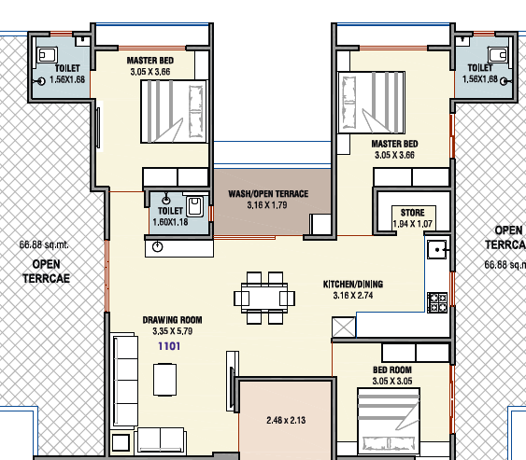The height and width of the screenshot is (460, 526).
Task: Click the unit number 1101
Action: tap(169, 346)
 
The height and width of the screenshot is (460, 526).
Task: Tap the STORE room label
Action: tap(413, 213)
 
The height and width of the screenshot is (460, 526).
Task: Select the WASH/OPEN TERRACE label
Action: tap(268, 194)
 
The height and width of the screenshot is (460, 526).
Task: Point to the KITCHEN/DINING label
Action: tap(353, 285)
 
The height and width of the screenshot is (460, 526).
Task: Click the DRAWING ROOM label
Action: tap(173, 320)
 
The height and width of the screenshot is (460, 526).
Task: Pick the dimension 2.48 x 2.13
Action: tap(286, 420)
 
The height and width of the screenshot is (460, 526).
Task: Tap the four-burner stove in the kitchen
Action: tap(437, 302)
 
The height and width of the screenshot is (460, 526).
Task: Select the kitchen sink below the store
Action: tap(437, 250)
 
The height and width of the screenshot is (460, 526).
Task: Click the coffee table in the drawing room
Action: tap(165, 380)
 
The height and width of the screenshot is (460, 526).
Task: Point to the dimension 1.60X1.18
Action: tap(170, 222)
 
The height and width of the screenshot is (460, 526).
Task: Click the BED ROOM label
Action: tap(392, 369)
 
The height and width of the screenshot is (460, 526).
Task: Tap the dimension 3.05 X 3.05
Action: tap(392, 382)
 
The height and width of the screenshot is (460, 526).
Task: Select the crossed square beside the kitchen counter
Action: tap(344, 327)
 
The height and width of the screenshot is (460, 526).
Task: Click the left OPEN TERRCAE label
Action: tap(47, 272)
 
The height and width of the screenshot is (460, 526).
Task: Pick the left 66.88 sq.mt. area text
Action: tap(44, 244)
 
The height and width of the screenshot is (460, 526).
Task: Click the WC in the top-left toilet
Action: tap(47, 55)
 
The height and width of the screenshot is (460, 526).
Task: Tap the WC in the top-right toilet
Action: tap(499, 55)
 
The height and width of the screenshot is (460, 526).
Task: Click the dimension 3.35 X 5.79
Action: tap(173, 331)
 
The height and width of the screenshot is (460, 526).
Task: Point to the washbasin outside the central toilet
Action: tap(157, 247)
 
